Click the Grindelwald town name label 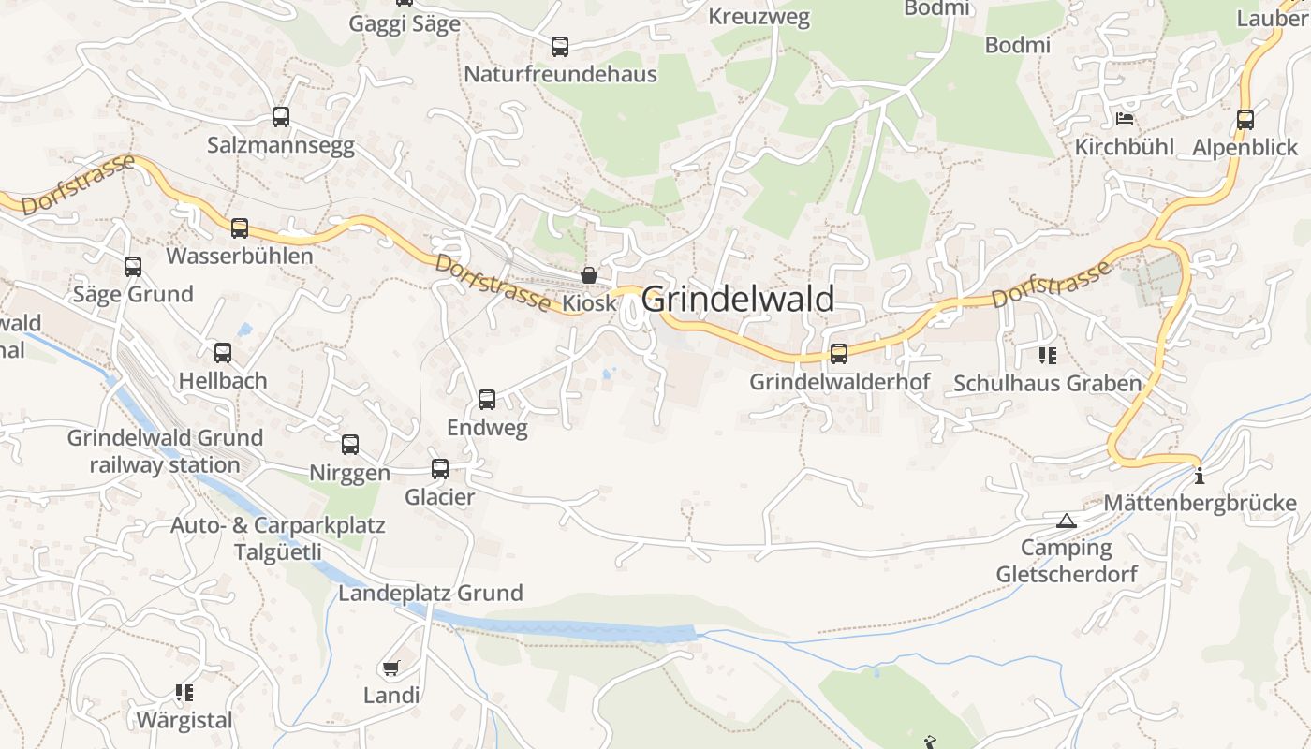(738, 300)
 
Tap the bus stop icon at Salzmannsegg (281, 117)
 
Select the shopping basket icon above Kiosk (589, 275)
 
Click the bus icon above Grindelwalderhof (839, 354)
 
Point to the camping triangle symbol (1066, 521)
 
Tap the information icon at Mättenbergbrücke (1200, 477)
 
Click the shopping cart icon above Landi (391, 668)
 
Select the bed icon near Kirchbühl (1125, 118)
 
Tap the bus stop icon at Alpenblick (1245, 120)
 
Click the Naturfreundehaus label (561, 74)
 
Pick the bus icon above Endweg (487, 400)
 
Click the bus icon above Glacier (440, 469)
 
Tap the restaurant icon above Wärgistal (184, 693)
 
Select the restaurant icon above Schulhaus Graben (1047, 355)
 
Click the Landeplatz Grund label (431, 593)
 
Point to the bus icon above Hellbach (223, 353)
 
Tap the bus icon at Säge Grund (133, 267)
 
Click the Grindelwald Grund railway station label (165, 451)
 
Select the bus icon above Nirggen (350, 445)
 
